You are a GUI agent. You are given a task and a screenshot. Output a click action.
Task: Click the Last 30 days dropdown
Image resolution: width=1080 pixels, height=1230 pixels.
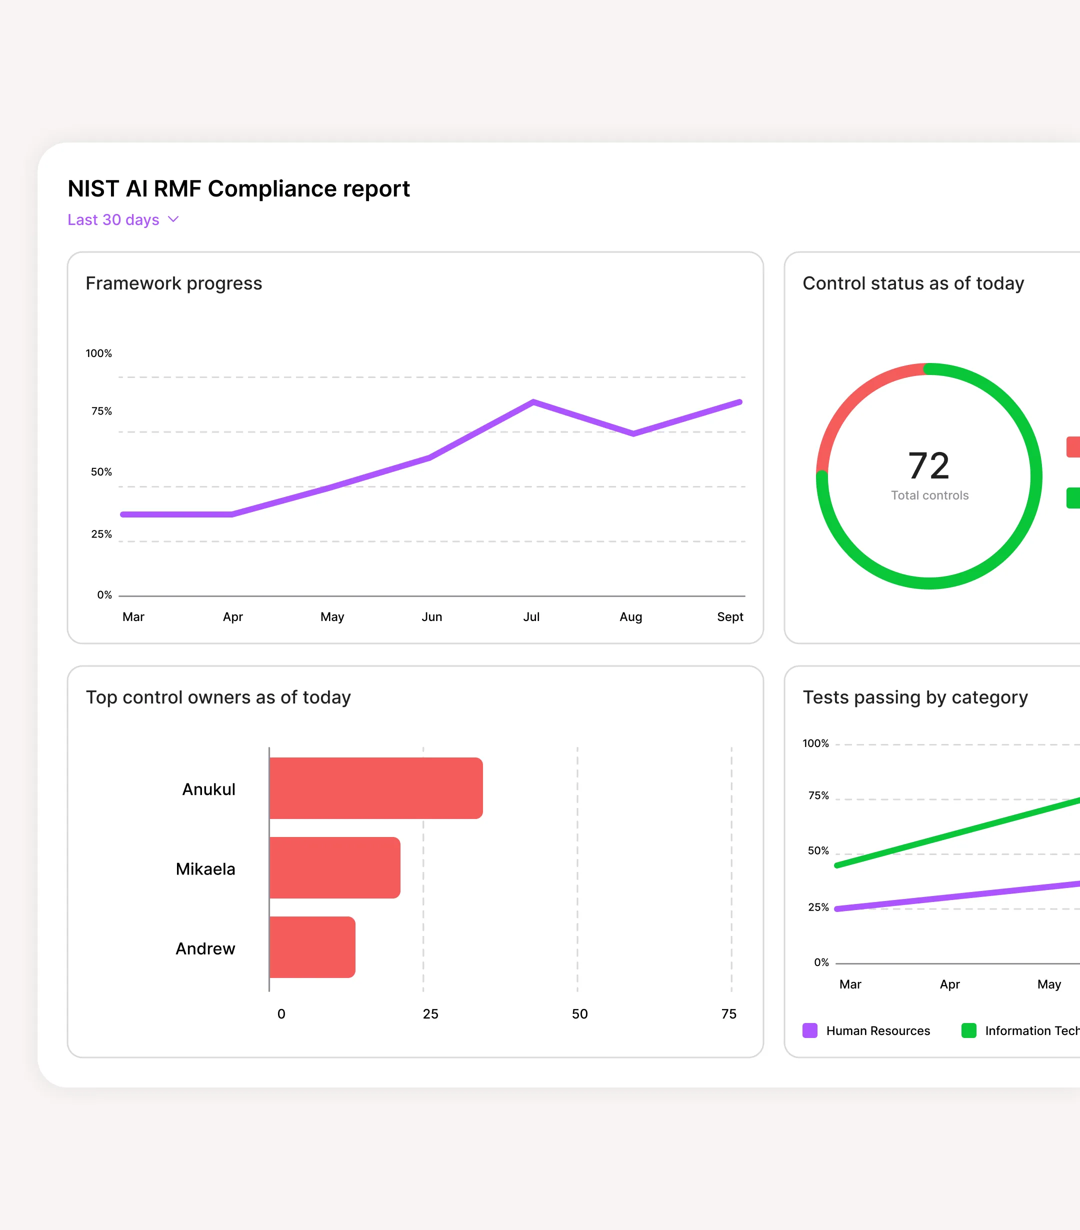(x=122, y=219)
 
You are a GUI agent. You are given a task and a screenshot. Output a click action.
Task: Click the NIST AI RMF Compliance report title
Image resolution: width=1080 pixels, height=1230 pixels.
(x=238, y=189)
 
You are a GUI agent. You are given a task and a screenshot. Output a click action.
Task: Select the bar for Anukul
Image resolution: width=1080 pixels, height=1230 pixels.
(x=376, y=788)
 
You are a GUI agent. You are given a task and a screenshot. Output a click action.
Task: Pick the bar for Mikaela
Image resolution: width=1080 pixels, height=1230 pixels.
(x=334, y=867)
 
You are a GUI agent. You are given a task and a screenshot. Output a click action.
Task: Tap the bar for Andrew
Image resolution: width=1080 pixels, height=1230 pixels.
(x=312, y=947)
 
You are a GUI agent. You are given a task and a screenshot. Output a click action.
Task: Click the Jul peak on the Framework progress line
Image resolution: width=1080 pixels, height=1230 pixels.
(x=533, y=402)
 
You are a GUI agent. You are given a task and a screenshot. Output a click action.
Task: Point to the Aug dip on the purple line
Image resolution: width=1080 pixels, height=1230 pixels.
(x=633, y=433)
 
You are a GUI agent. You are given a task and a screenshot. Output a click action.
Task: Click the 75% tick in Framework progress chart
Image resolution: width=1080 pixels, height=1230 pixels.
(x=101, y=411)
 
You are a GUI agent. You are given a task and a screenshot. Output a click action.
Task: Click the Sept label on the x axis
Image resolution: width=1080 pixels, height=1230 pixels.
(x=730, y=617)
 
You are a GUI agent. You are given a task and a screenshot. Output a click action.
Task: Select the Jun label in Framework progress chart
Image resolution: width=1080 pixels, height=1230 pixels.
(x=431, y=617)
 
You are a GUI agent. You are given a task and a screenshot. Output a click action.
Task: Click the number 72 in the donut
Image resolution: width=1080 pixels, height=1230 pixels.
(x=928, y=466)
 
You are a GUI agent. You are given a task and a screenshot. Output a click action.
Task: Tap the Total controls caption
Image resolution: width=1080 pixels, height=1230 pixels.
(x=929, y=495)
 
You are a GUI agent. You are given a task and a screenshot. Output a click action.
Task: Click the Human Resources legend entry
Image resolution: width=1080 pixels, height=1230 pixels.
(x=877, y=1031)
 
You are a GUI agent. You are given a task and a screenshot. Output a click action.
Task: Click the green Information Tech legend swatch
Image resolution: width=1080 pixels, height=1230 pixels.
(x=968, y=1031)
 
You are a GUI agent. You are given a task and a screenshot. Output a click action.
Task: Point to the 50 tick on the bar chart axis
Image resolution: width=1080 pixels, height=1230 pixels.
(x=579, y=1014)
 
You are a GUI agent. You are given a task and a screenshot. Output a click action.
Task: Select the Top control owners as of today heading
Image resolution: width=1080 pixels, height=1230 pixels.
(x=218, y=697)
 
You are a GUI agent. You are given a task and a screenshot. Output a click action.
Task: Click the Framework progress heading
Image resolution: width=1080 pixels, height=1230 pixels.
(x=174, y=283)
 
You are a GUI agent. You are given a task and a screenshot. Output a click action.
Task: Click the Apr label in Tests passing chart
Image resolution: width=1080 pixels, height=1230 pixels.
(x=949, y=984)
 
